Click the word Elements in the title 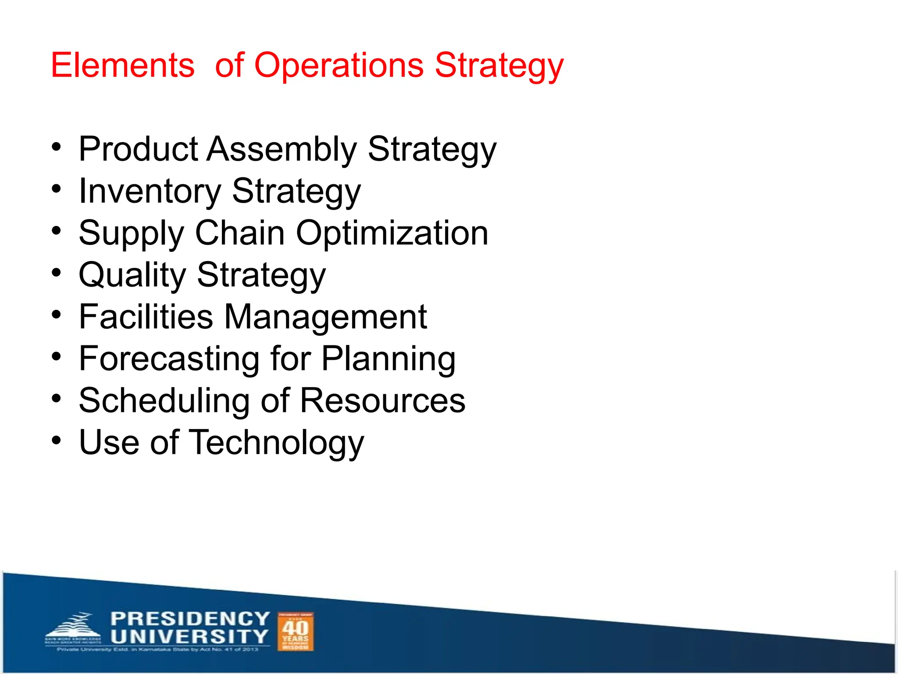pos(123,65)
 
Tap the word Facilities pos(146,316)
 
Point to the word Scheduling pos(164,401)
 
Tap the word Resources pos(382,401)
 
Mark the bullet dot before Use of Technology pos(56,440)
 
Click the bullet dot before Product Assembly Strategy pos(56,147)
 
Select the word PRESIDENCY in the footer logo pos(190,619)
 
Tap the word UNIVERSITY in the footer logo pos(189,636)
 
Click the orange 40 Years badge pos(296,631)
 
